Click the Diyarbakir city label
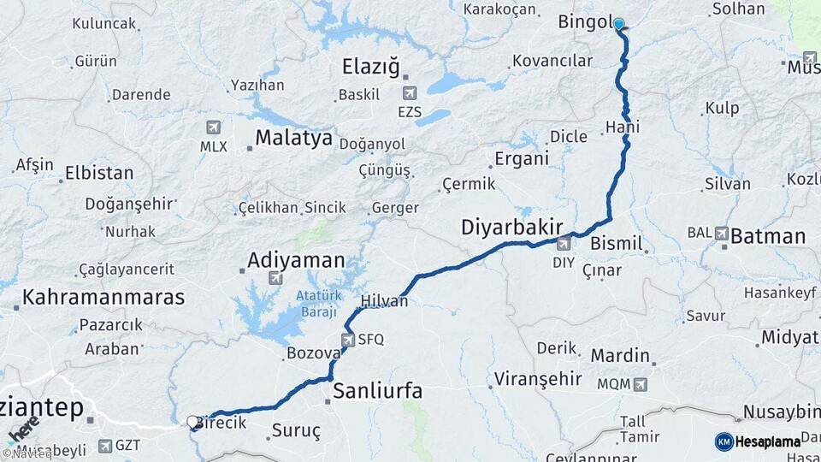tap(511, 228)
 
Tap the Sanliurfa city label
tap(377, 391)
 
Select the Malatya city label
tap(293, 139)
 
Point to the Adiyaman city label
tap(296, 259)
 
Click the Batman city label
tap(768, 236)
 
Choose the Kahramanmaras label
tap(103, 298)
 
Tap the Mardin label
tap(621, 355)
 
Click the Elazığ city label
tap(370, 66)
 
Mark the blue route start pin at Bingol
tap(618, 25)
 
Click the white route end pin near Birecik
tap(192, 421)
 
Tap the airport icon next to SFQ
tap(348, 340)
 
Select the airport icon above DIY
tap(564, 245)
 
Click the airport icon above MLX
tap(214, 127)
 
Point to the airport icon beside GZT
tap(104, 445)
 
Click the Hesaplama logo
tap(758, 441)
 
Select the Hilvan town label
tap(384, 301)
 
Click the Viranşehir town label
tap(529, 379)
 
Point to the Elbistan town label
tap(100, 173)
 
